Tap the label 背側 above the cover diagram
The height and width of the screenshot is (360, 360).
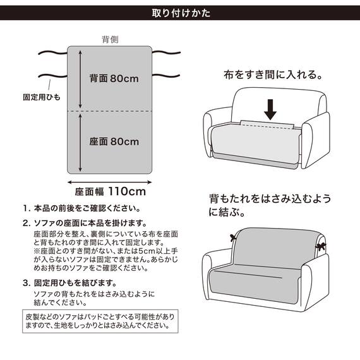(x=111, y=39)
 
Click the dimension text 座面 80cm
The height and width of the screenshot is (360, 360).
(x=114, y=141)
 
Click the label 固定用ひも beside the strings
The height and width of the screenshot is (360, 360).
(x=41, y=99)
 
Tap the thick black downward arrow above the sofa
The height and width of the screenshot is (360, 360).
(x=270, y=109)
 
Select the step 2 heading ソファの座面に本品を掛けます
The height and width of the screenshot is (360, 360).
(x=88, y=223)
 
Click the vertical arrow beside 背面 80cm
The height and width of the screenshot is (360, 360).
(x=80, y=79)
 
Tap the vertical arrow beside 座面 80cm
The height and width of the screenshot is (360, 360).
(x=80, y=143)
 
